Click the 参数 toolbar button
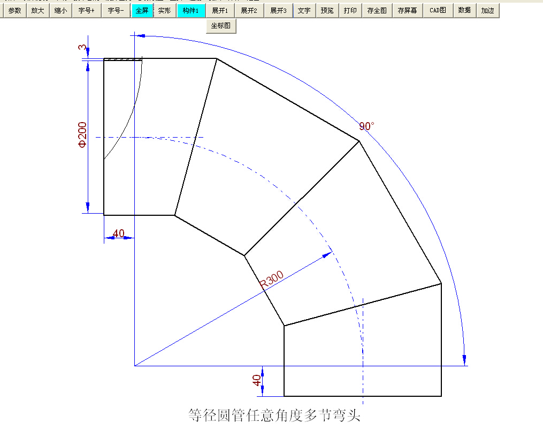[14, 10]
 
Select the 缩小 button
[60, 10]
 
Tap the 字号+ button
[86, 10]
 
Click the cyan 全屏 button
[142, 10]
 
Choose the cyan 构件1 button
[191, 10]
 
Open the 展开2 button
[249, 10]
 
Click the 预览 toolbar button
[327, 10]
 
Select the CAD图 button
[438, 10]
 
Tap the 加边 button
[487, 10]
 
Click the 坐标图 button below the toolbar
[221, 26]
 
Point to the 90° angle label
[366, 126]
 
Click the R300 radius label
[272, 280]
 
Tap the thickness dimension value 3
[82, 48]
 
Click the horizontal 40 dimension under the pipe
[119, 233]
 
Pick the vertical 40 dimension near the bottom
[257, 380]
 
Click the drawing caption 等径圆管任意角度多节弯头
[274, 416]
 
